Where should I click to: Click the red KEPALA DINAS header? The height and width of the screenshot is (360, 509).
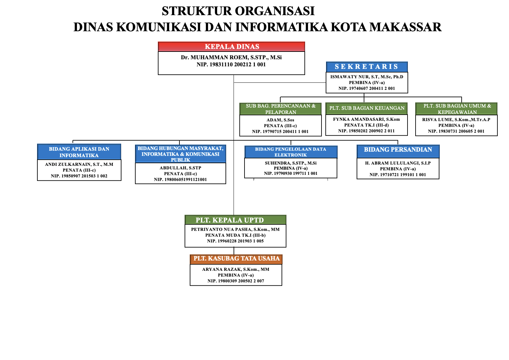click(231, 47)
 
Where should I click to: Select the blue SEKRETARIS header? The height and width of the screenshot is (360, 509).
click(367, 67)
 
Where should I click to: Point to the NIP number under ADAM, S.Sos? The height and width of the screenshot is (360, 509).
click(280, 131)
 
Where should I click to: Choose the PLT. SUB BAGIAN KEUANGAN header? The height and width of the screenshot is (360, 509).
click(367, 108)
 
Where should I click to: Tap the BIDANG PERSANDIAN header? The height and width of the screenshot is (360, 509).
click(398, 150)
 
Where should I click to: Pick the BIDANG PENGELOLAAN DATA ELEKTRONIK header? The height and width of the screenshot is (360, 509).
click(291, 152)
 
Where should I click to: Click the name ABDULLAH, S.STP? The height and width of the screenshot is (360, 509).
click(180, 168)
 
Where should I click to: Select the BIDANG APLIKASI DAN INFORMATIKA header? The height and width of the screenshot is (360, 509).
click(79, 152)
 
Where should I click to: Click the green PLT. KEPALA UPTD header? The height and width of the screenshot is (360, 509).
click(235, 220)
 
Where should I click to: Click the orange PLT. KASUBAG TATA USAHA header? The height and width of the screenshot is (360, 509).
click(236, 259)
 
